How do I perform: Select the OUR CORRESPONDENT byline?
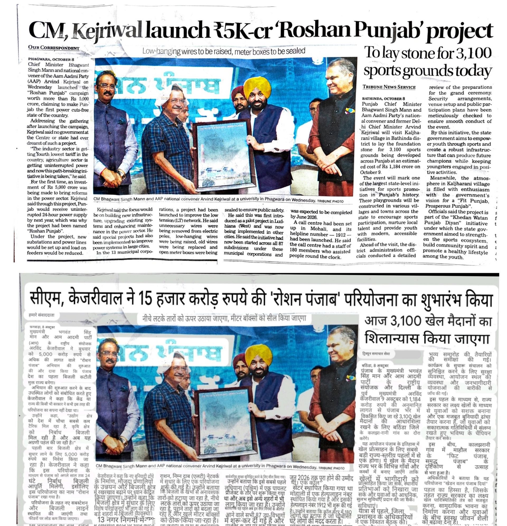[54, 48]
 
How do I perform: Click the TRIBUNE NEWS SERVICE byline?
[389, 87]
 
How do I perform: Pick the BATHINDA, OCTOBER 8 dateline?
[384, 99]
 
